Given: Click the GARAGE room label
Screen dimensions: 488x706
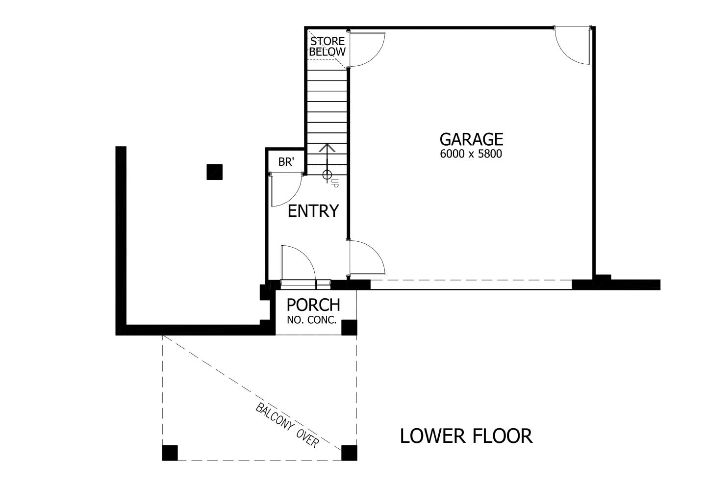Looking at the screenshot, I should tap(471, 139).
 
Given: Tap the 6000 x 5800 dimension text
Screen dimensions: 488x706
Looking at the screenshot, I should tap(471, 154).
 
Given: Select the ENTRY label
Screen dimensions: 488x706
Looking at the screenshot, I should tap(313, 211).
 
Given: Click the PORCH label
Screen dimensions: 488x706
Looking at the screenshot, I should tap(313, 305).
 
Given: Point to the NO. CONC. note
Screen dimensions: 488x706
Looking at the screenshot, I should tap(312, 321).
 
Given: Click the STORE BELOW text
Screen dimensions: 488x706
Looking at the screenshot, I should tap(327, 46).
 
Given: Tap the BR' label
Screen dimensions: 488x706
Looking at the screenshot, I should tap(285, 162).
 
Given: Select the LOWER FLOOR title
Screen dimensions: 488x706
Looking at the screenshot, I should tap(466, 436).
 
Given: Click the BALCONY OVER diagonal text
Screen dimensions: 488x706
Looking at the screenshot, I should tap(287, 425).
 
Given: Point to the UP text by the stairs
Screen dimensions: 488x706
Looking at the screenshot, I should tap(334, 183).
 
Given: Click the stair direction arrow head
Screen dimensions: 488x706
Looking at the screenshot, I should tap(327, 147).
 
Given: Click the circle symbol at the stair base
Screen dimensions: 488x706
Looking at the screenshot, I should tap(327, 175).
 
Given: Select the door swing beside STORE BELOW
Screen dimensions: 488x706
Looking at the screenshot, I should tap(367, 49).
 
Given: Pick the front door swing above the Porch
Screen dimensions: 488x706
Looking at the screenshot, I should tap(297, 263).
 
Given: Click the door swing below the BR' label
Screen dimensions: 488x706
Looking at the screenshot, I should tap(285, 190).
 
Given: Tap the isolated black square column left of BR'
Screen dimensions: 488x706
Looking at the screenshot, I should tap(214, 172).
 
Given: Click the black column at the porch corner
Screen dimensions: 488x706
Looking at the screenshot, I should tap(349, 327).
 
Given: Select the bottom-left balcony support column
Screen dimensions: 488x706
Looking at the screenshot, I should tap(170, 452).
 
